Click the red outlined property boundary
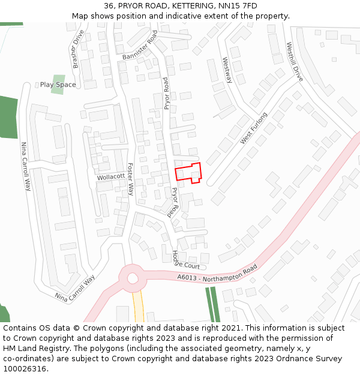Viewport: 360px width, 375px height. point(188,173)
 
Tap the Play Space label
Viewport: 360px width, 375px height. point(58,85)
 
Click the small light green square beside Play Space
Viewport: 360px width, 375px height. point(58,80)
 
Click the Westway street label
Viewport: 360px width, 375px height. point(226,70)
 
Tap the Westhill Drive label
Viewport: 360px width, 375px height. point(294,62)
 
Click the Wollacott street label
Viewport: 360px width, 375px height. point(111,177)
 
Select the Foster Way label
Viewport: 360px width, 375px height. point(130,179)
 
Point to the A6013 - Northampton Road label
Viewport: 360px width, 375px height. point(217,274)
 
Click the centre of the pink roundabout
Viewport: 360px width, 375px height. point(131,278)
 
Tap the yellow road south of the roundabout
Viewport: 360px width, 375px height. point(139,306)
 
